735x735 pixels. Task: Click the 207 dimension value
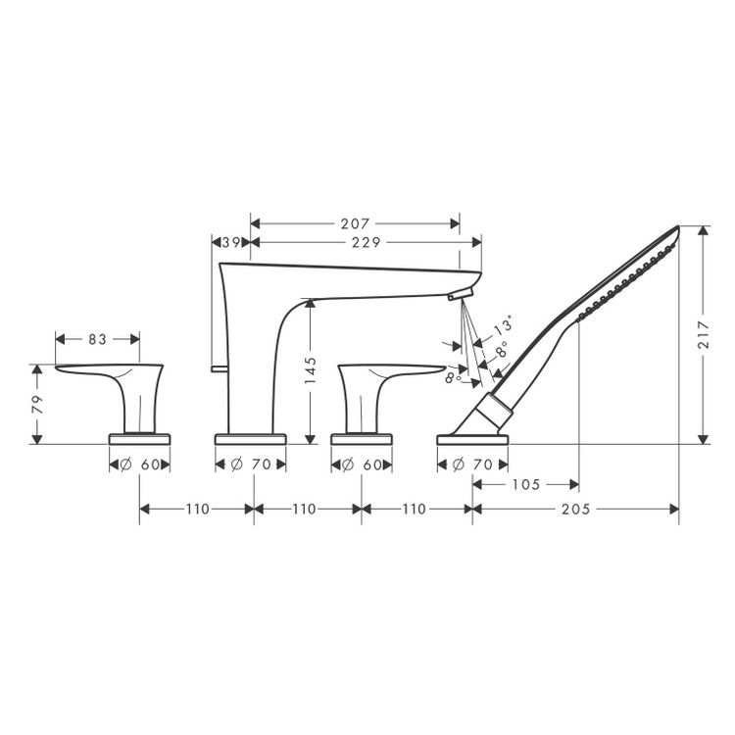355,223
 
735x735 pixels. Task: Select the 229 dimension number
365,241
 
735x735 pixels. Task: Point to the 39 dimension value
231,241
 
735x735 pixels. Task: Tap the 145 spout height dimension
310,371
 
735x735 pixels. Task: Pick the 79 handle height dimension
37,404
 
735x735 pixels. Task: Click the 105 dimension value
524,484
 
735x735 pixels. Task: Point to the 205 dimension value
575,509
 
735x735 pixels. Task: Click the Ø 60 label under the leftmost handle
139,465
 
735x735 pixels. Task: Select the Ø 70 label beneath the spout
252,465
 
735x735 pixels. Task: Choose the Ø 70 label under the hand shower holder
473,465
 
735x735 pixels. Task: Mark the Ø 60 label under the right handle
362,465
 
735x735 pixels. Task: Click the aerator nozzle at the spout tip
459,294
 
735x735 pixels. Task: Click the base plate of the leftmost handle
139,437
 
